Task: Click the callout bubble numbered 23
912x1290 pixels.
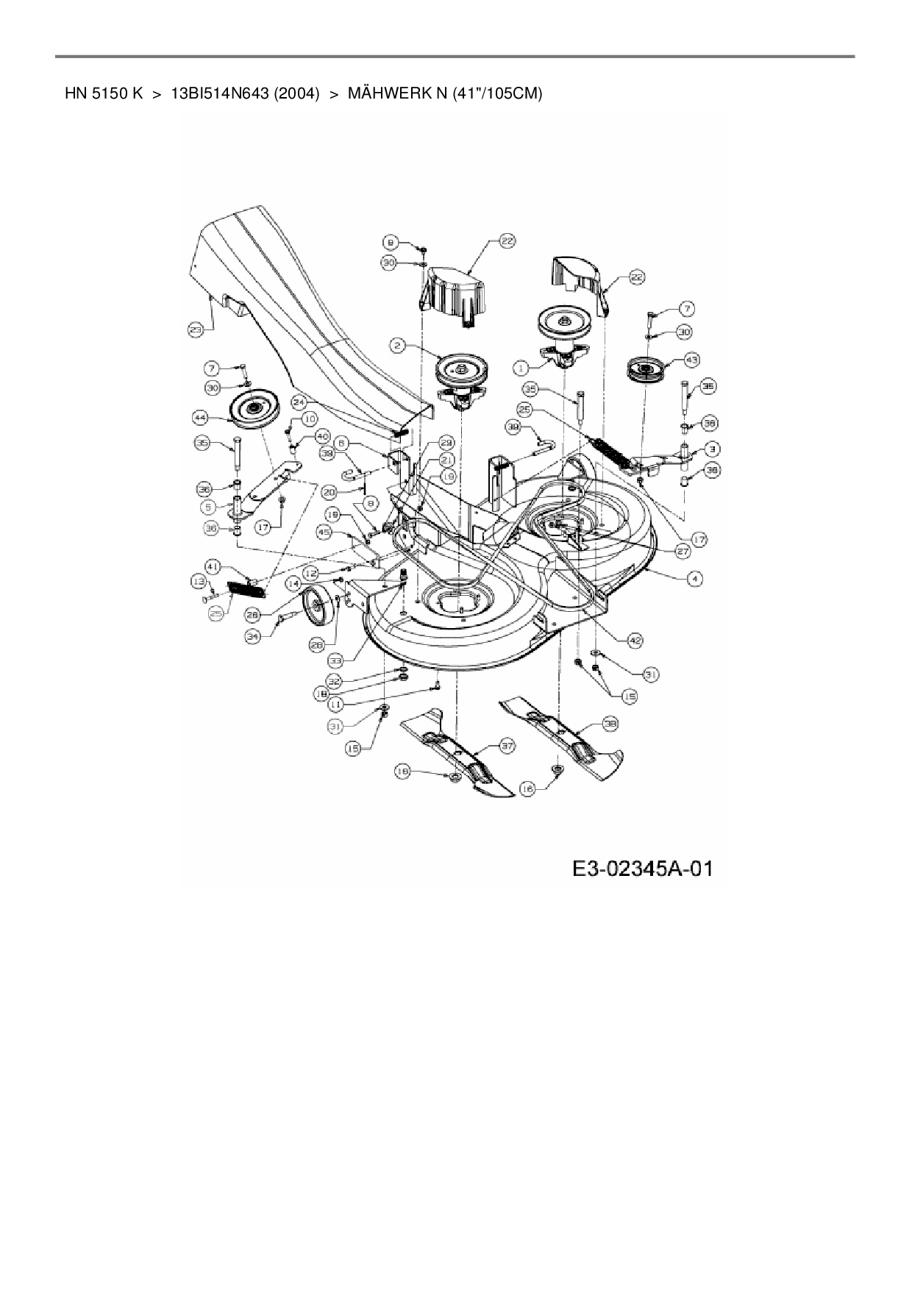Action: tap(196, 331)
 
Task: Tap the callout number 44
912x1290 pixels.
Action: tap(199, 417)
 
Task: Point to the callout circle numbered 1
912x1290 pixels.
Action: tap(521, 366)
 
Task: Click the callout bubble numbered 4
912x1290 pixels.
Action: tap(694, 579)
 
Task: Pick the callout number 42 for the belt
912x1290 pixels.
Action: tap(635, 641)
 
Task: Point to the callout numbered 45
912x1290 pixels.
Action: tap(324, 531)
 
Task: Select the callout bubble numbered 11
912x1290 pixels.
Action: tap(335, 704)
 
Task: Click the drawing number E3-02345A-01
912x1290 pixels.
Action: tap(642, 869)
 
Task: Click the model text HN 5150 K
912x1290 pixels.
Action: tap(103, 94)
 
